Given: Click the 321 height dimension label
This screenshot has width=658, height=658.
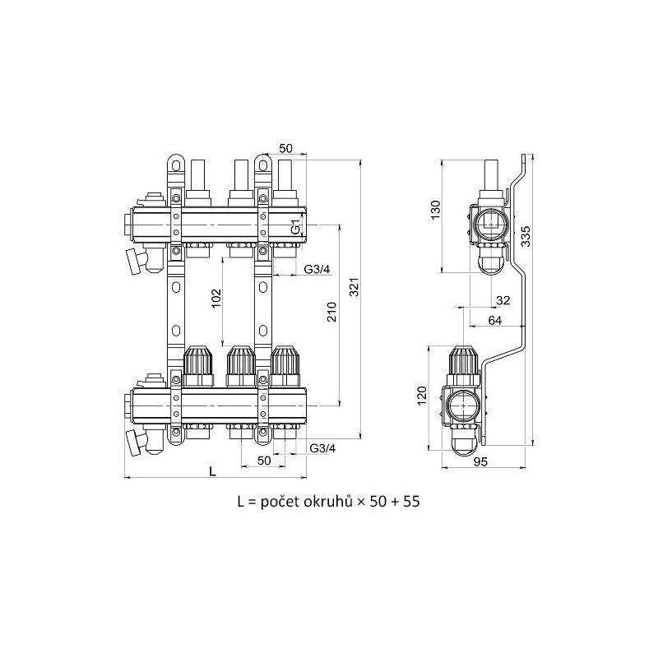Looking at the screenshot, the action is (x=354, y=287).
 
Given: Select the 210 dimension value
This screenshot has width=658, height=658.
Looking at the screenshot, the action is (x=332, y=312).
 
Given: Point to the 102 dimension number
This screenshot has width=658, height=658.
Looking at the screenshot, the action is (x=215, y=298).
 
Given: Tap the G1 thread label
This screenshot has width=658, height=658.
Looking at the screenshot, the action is (x=296, y=227).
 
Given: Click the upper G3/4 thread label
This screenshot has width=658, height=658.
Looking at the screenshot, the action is (x=317, y=270).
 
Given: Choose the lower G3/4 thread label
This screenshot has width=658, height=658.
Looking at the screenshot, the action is (x=322, y=448).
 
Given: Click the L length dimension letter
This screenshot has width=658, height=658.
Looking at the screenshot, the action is (x=213, y=471).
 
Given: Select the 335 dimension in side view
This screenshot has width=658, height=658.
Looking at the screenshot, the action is (x=526, y=237).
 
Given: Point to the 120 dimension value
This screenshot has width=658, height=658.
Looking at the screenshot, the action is (x=422, y=396).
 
